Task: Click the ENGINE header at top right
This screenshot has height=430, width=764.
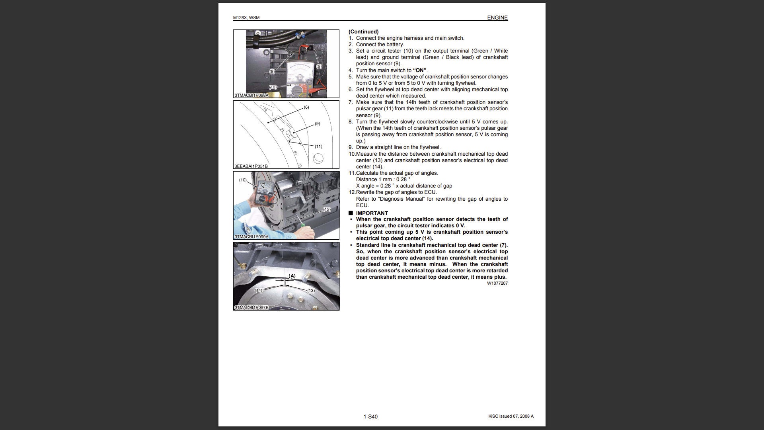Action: coord(497,18)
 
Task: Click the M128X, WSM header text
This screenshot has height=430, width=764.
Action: coord(246,18)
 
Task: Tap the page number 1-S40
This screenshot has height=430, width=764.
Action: coord(370,416)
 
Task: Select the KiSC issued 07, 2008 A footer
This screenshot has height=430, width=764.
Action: coord(511,416)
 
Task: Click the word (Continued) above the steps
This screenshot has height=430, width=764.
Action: coord(364,32)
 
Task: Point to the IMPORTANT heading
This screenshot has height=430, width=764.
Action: coord(372,213)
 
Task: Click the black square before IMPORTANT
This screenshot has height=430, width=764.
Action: coord(351,213)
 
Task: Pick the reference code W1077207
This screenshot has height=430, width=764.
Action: coord(497,283)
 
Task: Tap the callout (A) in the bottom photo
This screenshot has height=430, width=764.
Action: coord(292,276)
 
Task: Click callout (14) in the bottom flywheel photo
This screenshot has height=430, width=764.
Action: coord(259,291)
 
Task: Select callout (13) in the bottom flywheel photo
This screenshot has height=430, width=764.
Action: coord(311,291)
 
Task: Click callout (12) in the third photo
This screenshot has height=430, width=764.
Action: coord(327,209)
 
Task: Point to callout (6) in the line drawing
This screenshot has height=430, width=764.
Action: coord(306,107)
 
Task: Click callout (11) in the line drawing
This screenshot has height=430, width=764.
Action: coord(318,147)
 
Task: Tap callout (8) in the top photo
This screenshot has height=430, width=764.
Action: coord(272,72)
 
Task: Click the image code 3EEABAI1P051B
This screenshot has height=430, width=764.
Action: coord(251,166)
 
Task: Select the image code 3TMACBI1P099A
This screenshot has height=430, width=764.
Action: coord(251,236)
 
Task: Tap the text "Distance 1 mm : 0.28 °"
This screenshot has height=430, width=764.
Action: coord(383,180)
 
